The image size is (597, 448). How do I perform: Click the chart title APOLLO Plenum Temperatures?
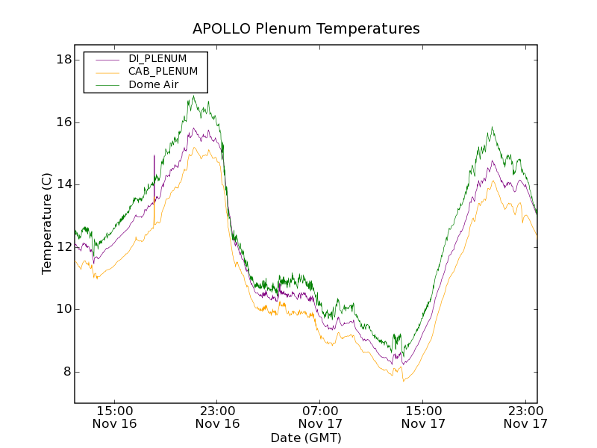306,29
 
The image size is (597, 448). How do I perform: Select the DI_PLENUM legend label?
157,58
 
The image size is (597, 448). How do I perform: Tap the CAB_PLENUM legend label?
163,72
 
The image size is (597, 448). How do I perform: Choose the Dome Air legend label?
153,84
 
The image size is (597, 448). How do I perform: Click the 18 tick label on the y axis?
63,60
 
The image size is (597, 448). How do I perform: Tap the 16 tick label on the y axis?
63,122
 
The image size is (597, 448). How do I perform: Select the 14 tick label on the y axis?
63,184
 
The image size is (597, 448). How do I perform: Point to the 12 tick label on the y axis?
63,247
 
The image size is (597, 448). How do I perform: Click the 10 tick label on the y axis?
63,309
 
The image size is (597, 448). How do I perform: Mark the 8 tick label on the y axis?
66,372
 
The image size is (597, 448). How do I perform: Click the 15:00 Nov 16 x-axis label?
115,417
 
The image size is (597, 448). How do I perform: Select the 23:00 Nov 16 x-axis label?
218,417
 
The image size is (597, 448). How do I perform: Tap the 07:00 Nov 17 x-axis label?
321,417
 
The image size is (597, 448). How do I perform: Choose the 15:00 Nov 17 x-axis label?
424,417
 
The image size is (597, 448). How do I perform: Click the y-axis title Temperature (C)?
47,223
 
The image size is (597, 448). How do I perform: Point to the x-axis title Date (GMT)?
306,438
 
